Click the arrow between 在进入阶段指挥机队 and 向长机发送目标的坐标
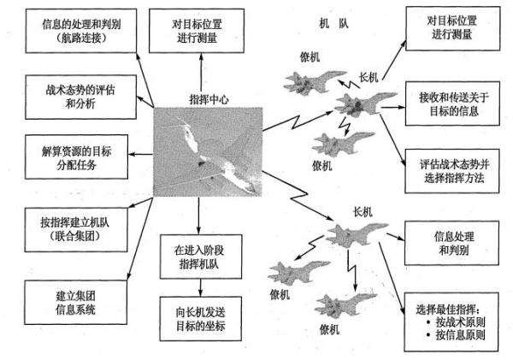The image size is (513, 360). click(198, 288)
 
